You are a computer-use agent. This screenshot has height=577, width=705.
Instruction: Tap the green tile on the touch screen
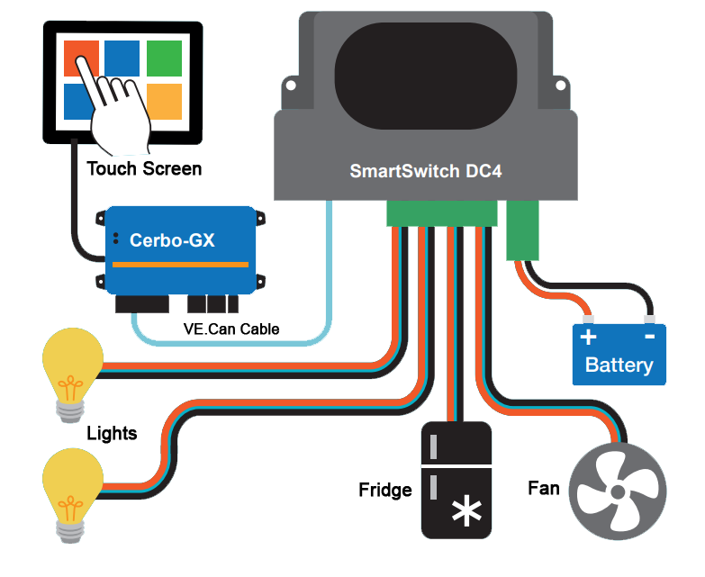164,58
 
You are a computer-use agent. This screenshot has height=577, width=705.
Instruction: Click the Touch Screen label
144,168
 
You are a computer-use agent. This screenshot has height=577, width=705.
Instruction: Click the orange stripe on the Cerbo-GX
180,265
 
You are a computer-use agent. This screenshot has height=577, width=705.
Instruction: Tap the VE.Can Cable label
230,329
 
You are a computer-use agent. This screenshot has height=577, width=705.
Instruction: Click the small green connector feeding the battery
521,229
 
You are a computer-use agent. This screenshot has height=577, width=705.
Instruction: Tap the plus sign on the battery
588,338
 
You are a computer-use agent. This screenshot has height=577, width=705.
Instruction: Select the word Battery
619,365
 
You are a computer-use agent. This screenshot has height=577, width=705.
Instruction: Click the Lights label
112,434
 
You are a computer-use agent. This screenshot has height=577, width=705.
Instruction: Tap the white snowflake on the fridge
465,512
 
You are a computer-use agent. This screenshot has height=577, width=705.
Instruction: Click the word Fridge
385,491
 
